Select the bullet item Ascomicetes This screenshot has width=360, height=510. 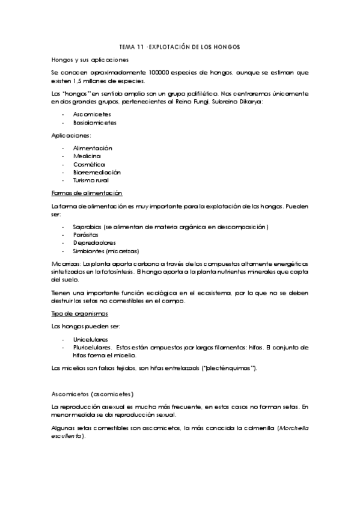click(89, 114)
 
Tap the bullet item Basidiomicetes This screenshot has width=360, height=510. click(94, 122)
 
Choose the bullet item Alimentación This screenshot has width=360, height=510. click(93, 148)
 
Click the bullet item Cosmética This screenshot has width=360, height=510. click(88, 164)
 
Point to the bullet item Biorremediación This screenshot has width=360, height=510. click(96, 172)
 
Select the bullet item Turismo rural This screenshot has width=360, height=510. click(91, 180)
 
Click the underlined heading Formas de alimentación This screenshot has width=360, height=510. click(87, 193)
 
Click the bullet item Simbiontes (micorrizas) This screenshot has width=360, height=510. click(105, 251)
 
